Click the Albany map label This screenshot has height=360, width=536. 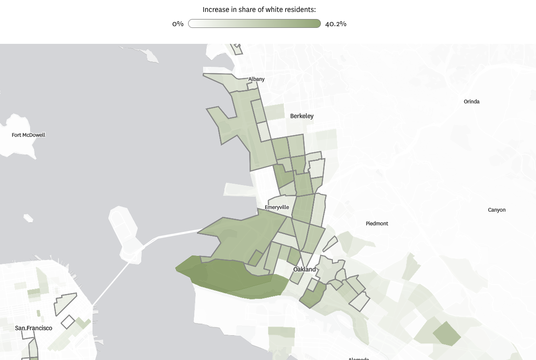coord(256,79)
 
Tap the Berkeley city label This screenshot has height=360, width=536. coord(302,116)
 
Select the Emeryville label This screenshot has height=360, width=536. coord(277,207)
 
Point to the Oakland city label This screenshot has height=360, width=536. coord(305,269)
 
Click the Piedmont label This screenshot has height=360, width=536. coord(377,224)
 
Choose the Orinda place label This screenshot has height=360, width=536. coord(471,101)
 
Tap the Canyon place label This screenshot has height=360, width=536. coord(497,210)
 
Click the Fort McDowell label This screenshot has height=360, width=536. coord(28,135)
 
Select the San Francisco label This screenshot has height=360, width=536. coord(34,328)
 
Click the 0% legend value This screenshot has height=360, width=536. coord(178,24)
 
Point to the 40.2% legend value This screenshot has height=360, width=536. coord(335,24)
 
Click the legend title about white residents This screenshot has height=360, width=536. coord(262,10)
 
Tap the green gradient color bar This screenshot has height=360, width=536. coord(255,23)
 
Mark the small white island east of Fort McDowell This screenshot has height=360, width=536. coord(28,218)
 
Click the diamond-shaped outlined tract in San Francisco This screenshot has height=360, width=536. coord(68,321)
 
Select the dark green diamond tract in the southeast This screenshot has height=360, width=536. coord(446,333)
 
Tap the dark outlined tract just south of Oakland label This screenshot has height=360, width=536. coord(313,294)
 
